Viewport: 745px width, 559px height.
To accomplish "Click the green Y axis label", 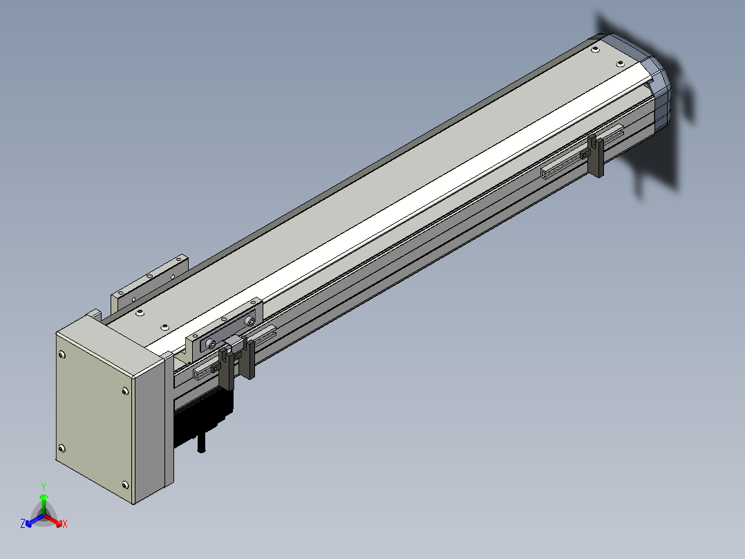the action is tap(44, 486).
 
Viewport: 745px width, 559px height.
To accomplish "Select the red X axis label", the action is tap(65, 524).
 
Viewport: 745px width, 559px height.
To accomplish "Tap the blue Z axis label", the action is tap(23, 524).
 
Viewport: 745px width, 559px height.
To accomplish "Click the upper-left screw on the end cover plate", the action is tap(62, 354).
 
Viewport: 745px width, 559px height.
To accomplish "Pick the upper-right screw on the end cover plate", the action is tap(125, 391).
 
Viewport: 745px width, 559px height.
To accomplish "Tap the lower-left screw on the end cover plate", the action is tap(62, 448).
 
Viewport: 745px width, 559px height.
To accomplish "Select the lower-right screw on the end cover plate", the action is tap(125, 485).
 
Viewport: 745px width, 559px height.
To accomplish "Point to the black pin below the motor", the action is tap(202, 442).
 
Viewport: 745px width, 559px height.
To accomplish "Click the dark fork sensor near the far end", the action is tap(595, 156).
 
